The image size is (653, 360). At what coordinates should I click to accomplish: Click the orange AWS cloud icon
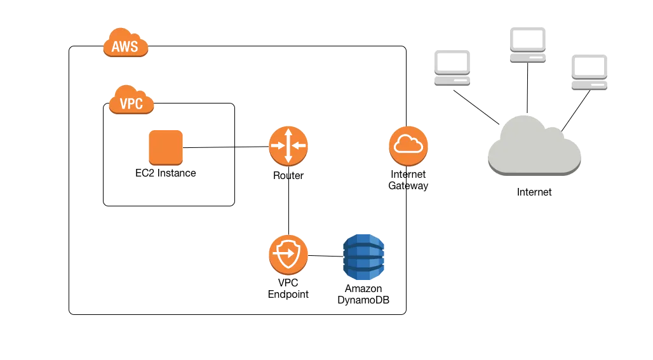(125, 45)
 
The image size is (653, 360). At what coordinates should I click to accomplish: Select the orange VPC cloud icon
(131, 102)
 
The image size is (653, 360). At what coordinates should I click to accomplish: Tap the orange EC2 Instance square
(165, 147)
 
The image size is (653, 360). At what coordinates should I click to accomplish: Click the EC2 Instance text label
(165, 173)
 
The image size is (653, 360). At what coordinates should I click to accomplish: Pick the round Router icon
(288, 145)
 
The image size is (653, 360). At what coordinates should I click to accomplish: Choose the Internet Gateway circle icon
(408, 145)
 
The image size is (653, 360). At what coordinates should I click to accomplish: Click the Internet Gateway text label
(408, 180)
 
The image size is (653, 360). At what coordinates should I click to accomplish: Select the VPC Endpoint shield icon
(288, 255)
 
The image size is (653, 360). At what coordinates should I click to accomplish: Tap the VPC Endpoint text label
(288, 290)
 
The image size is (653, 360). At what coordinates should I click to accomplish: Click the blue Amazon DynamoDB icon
(363, 258)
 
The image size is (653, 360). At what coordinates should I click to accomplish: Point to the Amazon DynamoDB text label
(363, 293)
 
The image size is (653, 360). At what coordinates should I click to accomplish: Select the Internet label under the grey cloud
(534, 192)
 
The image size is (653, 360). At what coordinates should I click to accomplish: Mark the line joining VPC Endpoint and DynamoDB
(325, 257)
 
